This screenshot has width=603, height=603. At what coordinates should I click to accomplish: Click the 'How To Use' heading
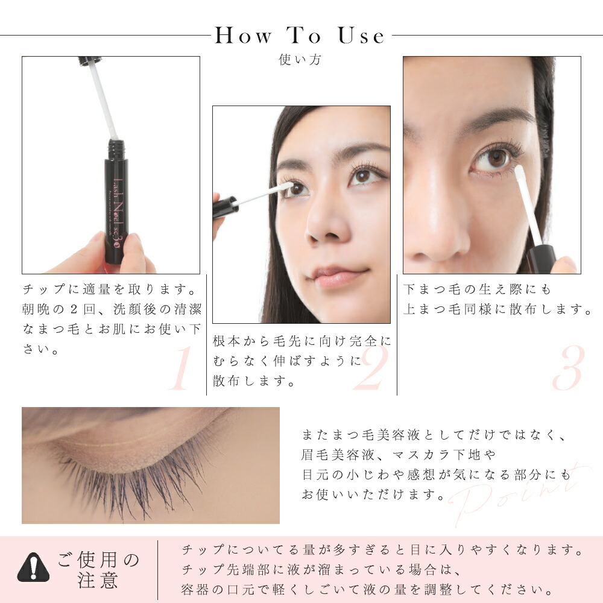300,36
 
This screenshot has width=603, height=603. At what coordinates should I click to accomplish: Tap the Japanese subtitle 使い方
300,60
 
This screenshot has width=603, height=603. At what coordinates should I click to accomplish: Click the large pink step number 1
178,369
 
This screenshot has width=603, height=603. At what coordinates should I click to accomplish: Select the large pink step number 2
369,369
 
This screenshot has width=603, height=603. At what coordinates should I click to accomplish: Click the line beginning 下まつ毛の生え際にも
478,290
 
